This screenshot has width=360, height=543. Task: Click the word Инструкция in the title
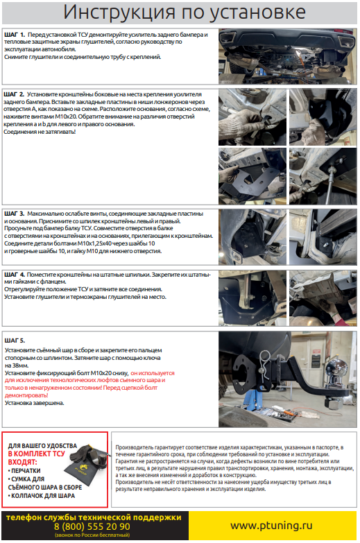[x=119, y=12]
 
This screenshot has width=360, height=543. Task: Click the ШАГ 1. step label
[x=15, y=35]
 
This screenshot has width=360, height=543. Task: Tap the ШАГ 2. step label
[x=14, y=94]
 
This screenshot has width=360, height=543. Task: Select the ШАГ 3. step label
[x=14, y=214]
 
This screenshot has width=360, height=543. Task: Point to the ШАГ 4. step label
[x=14, y=275]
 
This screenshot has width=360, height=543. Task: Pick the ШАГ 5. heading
[x=15, y=341]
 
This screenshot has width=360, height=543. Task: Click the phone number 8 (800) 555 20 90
[x=92, y=527]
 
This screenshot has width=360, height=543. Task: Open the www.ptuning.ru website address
[x=271, y=526]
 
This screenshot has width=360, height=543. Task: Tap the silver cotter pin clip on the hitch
[x=265, y=366]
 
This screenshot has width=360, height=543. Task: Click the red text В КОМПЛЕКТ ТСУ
[x=36, y=454]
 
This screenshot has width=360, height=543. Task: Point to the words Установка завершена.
[x=34, y=403]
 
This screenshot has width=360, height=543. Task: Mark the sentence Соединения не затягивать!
[x=40, y=132]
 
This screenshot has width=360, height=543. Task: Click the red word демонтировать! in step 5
[x=26, y=395]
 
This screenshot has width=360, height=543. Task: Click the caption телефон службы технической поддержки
[x=94, y=517]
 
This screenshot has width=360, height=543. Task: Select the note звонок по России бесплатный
[x=92, y=535]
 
